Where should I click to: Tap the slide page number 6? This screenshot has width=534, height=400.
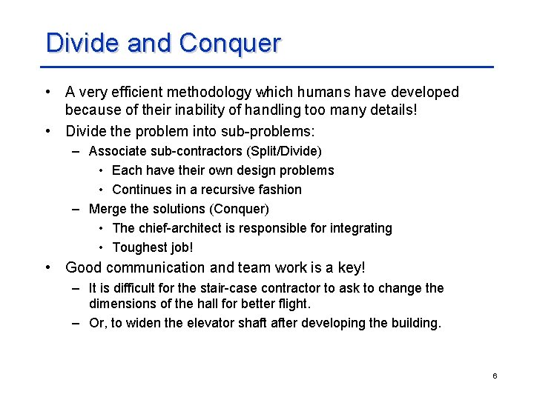(495, 376)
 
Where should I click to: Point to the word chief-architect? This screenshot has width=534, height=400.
(182, 228)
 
